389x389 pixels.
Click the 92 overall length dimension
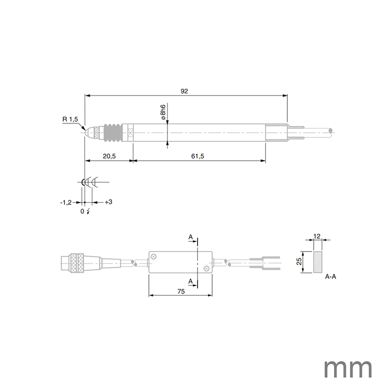(184, 91)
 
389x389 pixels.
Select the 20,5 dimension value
(108, 156)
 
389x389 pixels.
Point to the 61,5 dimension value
(197, 156)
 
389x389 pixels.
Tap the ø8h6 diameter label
(163, 113)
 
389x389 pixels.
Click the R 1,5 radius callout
(70, 119)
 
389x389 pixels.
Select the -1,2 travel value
(65, 202)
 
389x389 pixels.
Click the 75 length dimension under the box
(180, 292)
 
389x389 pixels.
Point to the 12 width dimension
(316, 235)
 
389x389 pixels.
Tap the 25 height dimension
(298, 262)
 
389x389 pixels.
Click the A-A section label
(330, 277)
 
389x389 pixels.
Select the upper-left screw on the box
(154, 256)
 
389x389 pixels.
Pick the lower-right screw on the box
(206, 268)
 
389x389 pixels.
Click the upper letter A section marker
(190, 237)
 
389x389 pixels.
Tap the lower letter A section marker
(190, 281)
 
